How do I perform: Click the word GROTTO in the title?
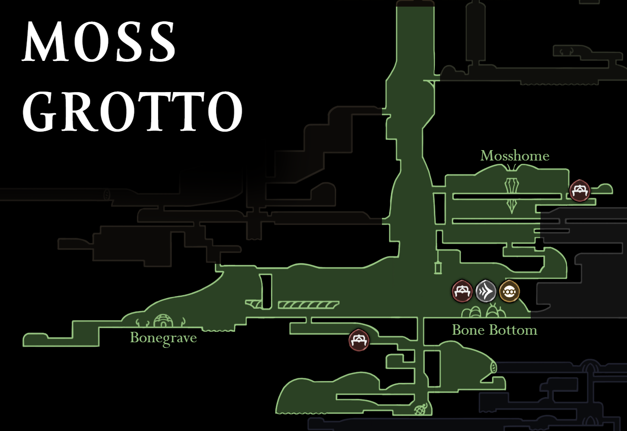(132, 112)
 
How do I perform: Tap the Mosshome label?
(515, 156)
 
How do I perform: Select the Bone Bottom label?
(494, 330)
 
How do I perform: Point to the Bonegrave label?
(163, 338)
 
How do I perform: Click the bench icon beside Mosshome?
(579, 191)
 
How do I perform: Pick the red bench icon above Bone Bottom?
(462, 291)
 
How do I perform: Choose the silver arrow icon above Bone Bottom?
(486, 291)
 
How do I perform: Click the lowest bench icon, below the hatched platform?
(359, 340)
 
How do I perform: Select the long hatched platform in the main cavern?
(308, 305)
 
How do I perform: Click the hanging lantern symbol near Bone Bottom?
(438, 266)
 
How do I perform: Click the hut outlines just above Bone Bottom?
(483, 312)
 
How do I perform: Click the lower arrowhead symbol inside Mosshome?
(512, 206)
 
